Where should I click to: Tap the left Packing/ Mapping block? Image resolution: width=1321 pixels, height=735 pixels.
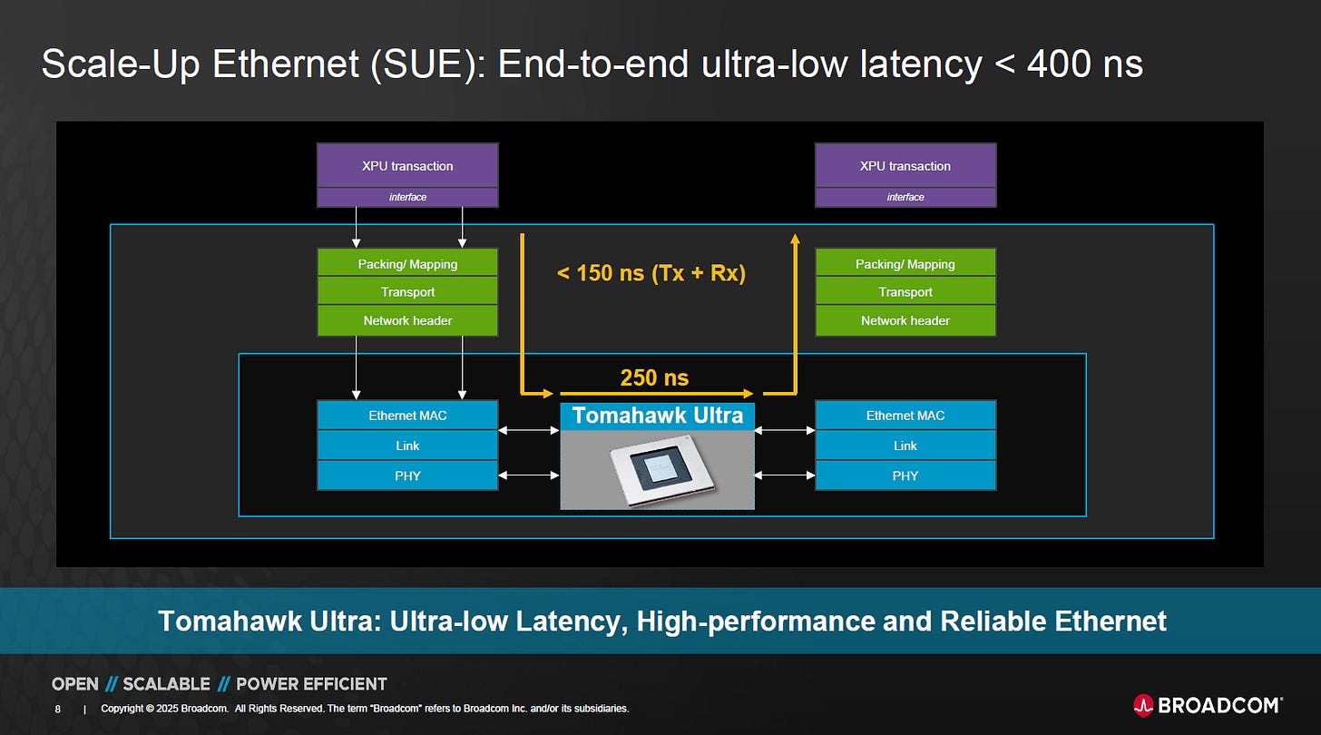coord(407,263)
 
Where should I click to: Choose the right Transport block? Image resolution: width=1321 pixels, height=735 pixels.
coord(905,291)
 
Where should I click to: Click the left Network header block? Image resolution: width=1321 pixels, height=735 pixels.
coord(407,320)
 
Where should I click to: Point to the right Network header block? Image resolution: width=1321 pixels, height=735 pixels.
coord(905,320)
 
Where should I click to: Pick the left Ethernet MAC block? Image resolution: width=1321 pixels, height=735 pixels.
coord(407,416)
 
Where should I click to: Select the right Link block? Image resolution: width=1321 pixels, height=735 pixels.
coord(905,446)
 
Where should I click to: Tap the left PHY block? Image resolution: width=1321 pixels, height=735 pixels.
coord(407,475)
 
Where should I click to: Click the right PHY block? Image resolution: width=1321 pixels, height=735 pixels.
coord(905,475)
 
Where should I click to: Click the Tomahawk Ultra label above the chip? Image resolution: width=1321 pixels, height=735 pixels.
coord(658,416)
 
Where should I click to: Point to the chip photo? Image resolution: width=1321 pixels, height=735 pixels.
coord(658,469)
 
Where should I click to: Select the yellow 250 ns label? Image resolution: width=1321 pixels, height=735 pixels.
coord(654,377)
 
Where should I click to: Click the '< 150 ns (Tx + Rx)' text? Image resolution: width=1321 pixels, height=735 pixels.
coord(651,273)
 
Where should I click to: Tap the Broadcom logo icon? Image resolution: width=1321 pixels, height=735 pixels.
coord(1143,705)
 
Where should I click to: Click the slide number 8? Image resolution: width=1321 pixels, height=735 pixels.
coord(57,709)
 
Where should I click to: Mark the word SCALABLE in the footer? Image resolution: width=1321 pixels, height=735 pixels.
coord(166,683)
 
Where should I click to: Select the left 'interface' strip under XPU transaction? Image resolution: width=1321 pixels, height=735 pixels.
coord(407,197)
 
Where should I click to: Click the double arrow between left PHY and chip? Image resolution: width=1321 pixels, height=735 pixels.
coord(528,475)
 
